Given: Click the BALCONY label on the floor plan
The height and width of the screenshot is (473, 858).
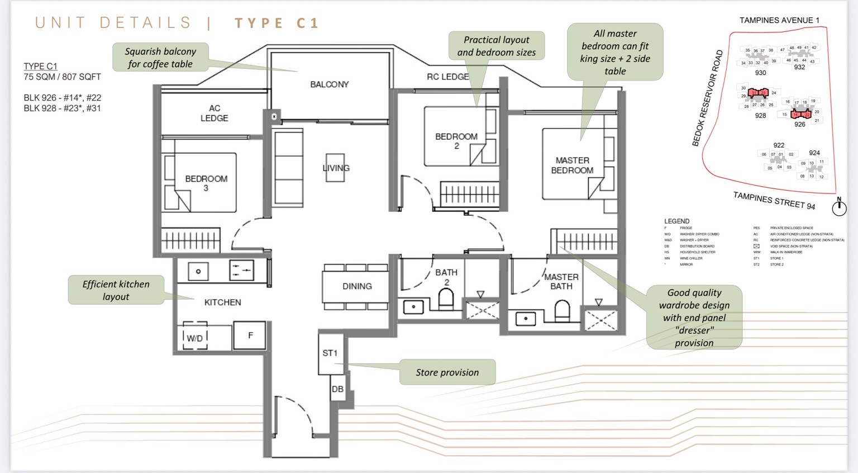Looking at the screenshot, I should [329, 84].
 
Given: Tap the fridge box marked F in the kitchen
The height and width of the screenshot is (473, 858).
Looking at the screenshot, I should [250, 335].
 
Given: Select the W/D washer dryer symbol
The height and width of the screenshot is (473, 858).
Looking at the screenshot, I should [195, 338].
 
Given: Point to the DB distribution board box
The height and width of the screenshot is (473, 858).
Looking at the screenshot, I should [337, 389].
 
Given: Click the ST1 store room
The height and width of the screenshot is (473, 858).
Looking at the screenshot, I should [330, 353].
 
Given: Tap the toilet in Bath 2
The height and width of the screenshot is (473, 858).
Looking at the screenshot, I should [446, 300].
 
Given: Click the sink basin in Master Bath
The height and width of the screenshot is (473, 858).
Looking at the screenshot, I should [526, 319].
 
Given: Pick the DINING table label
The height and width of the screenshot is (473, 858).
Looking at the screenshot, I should [357, 286].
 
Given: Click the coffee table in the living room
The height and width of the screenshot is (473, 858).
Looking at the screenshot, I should [336, 167].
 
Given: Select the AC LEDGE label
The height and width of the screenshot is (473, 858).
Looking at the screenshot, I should [214, 113].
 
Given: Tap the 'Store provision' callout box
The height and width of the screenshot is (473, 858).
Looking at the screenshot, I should [447, 372].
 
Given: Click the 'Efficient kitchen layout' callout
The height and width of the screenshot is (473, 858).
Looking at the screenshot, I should [116, 290].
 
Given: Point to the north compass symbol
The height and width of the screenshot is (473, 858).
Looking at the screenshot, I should [838, 208].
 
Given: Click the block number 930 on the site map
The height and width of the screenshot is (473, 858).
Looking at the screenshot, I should [760, 73].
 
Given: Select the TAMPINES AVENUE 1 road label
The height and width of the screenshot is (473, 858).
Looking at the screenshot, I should [779, 20].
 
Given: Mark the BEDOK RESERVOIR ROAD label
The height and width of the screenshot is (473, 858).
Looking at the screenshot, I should [708, 98].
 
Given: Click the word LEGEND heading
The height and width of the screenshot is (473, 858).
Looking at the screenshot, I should [676, 221].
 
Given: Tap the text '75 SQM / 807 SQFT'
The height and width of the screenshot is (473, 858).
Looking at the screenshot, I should [62, 77].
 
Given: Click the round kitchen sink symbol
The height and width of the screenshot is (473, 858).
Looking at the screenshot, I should [198, 272].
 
